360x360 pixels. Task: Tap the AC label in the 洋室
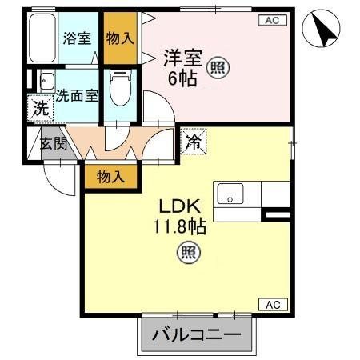tap(271, 22)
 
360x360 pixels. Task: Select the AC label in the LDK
tap(271, 303)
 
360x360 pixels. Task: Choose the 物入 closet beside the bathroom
tap(120, 38)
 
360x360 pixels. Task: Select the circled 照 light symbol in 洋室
tap(218, 67)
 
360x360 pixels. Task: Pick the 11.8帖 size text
tap(180, 226)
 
